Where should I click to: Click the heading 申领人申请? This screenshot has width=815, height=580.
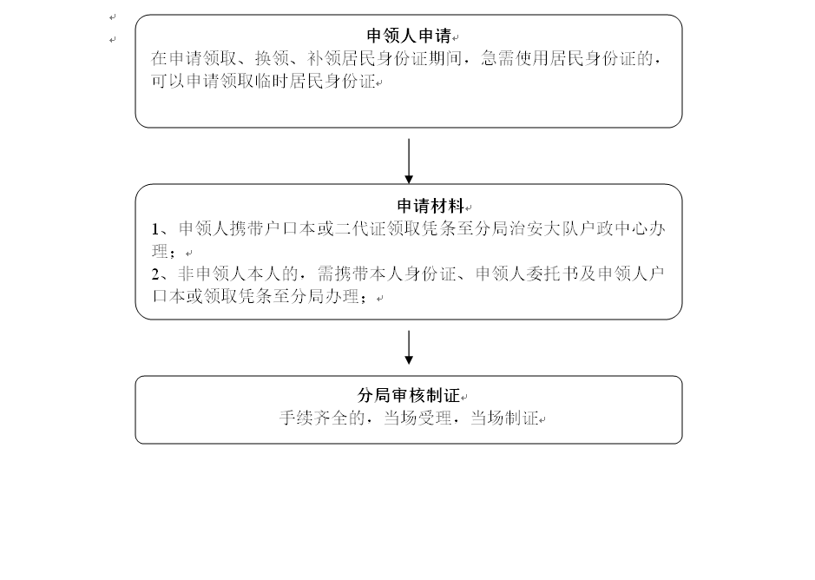[x=409, y=36]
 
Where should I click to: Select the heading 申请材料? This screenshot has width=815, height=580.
[x=431, y=206]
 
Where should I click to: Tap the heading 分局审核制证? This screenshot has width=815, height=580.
[x=409, y=395]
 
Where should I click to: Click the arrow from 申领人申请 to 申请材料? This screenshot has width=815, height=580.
[x=409, y=161]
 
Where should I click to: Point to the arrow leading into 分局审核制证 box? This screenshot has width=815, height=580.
[x=409, y=347]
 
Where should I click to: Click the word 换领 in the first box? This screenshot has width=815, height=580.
[x=272, y=58]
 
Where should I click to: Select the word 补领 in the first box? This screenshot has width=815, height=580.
[x=324, y=58]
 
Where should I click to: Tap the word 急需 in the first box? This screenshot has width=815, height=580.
[x=497, y=58]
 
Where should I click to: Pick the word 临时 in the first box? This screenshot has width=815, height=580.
[x=272, y=81]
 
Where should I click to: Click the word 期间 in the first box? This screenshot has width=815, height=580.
[x=445, y=58]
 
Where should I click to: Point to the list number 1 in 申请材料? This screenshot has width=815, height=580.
[x=155, y=229]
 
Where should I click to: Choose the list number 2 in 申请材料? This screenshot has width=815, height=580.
[x=155, y=274]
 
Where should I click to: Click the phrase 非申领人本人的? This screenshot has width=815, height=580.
[x=239, y=274]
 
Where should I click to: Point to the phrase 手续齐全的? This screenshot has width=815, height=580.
[x=322, y=418]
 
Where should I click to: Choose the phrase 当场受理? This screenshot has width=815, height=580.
[x=417, y=418]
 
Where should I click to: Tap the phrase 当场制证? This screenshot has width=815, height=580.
[x=504, y=418]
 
